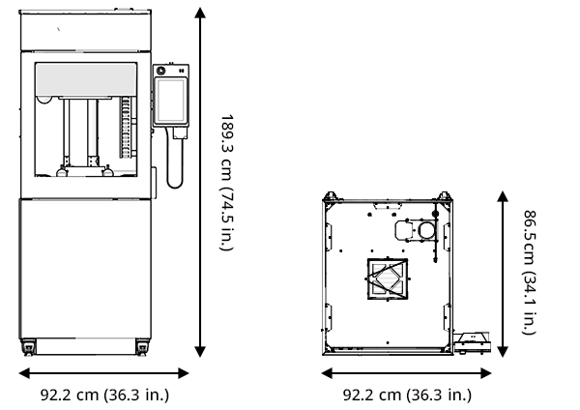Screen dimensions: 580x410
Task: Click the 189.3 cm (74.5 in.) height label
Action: [227, 182]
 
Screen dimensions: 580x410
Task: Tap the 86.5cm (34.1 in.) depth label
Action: [530, 272]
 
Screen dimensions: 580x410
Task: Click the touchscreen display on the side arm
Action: [171, 101]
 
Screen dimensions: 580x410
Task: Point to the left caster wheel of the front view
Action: [28, 347]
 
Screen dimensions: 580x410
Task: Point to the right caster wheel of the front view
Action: [142, 347]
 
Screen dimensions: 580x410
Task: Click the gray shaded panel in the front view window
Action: [86, 79]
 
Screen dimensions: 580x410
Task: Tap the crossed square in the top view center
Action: [388, 279]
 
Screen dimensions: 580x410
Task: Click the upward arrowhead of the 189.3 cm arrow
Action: [200, 13]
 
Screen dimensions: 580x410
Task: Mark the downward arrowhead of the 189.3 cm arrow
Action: [200, 352]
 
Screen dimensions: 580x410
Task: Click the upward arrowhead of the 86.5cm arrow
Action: [503, 196]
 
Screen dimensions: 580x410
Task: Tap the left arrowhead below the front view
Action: [24, 373]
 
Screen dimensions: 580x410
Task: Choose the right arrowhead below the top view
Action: [485, 373]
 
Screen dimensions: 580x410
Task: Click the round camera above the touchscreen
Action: [160, 71]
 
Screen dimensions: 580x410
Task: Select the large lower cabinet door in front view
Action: [85, 269]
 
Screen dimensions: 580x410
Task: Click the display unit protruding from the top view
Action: [473, 342]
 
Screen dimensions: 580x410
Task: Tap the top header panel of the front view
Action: [85, 32]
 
